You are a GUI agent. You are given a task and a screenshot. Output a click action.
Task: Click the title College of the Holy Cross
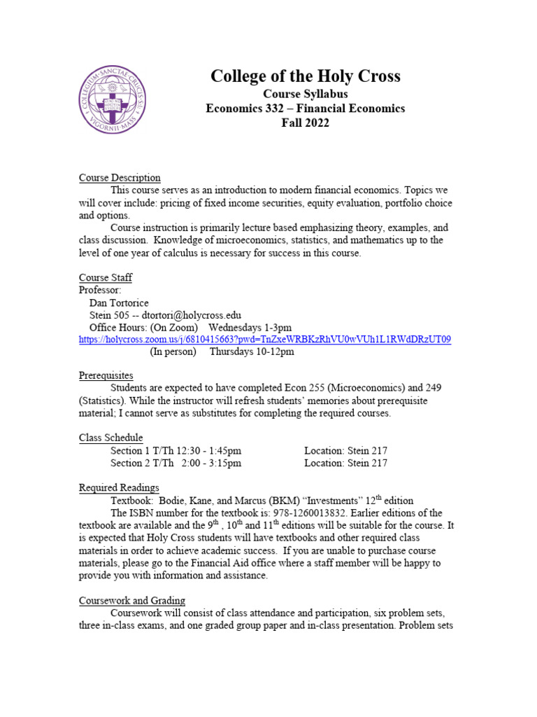pyautogui.click(x=306, y=76)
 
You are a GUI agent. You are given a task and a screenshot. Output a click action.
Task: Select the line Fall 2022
pyautogui.click(x=305, y=123)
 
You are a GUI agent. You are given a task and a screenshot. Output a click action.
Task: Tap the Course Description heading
pyautogui.click(x=120, y=178)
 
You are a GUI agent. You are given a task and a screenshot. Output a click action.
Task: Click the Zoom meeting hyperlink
pyautogui.click(x=265, y=340)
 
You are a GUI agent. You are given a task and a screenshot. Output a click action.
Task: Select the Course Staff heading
pyautogui.click(x=105, y=278)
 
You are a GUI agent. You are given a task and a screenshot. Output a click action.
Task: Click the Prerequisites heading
pyautogui.click(x=106, y=376)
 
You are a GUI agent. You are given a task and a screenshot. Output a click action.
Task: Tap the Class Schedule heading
pyautogui.click(x=110, y=438)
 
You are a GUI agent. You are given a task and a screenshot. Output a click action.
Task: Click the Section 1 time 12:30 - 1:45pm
pyautogui.click(x=202, y=451)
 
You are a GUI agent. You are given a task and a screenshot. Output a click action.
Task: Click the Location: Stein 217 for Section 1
pyautogui.click(x=345, y=451)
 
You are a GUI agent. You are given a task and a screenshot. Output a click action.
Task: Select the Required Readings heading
pyautogui.click(x=118, y=488)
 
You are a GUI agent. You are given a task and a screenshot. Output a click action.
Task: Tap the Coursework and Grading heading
pyautogui.click(x=131, y=601)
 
